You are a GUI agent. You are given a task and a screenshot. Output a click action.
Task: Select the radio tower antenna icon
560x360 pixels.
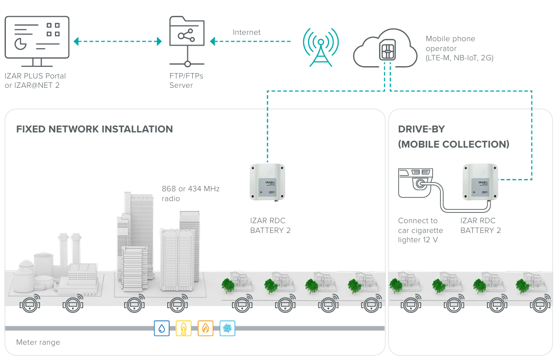[321, 48]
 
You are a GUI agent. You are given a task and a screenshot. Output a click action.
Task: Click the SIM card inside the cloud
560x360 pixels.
[387, 50]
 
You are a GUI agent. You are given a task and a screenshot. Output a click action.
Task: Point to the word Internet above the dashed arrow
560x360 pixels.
[247, 32]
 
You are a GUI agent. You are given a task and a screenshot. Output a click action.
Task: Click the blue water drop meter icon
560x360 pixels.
[162, 328]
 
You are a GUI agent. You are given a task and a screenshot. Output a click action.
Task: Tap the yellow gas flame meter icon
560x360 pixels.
[183, 328]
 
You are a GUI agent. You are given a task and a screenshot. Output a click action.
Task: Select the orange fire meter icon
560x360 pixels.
[205, 328]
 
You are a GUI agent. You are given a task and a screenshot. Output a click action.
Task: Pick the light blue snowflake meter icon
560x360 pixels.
[227, 328]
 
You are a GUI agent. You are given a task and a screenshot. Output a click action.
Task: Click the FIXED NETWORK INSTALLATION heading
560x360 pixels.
[94, 129]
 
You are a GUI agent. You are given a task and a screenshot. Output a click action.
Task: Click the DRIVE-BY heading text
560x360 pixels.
[421, 129]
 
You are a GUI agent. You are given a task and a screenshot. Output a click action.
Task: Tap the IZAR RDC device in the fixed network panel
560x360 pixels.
[268, 182]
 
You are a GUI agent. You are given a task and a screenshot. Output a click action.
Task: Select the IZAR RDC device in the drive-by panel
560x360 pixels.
[481, 182]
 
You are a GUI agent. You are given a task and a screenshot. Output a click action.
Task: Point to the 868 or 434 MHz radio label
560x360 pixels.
[190, 194]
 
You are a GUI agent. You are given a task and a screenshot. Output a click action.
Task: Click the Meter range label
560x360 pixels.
[38, 342]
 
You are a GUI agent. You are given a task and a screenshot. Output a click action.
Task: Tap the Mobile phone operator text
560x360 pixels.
[459, 48]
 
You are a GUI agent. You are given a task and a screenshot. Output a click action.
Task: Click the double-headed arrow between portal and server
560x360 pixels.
[118, 41]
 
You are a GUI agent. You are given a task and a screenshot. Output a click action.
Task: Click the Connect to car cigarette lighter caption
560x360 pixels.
[420, 231]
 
